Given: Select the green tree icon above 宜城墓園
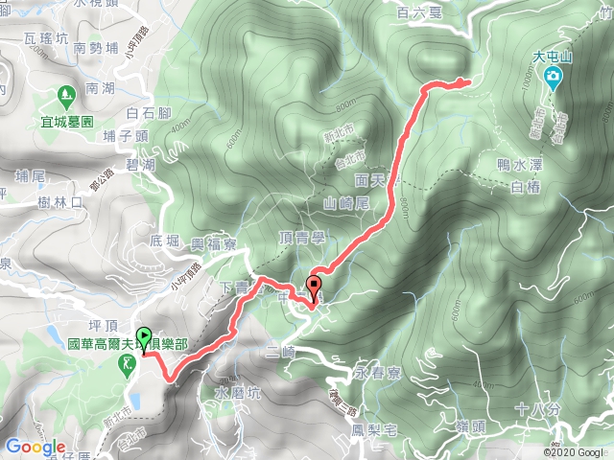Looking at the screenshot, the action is coord(66,96).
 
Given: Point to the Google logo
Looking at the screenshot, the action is coord(35,447).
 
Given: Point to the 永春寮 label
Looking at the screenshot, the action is coord(376,369).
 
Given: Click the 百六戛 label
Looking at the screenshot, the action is coord(417,12).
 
